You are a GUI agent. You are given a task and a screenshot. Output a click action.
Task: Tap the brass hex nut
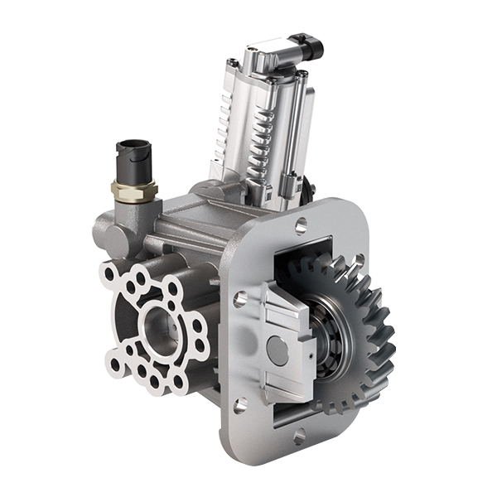click(x=134, y=191)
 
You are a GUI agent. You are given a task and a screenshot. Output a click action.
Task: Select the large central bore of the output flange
click(x=157, y=327)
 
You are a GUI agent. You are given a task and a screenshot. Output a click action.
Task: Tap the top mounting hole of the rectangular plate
click(x=301, y=222)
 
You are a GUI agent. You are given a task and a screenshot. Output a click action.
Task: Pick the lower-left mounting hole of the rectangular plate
click(x=240, y=405)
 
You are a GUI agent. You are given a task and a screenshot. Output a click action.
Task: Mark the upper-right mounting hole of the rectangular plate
click(x=358, y=262)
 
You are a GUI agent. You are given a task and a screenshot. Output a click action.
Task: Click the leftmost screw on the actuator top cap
click(x=234, y=64)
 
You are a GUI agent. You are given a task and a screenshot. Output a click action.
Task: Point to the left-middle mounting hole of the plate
click(x=239, y=299)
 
